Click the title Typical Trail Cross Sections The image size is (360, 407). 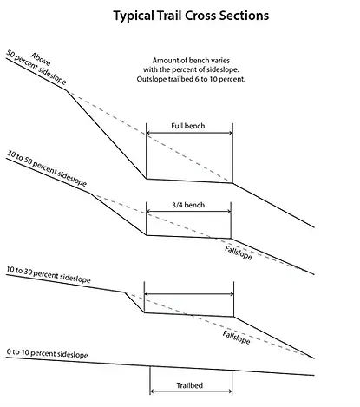click(x=191, y=16)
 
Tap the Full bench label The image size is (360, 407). click(x=188, y=126)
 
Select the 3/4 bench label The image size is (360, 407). click(x=188, y=205)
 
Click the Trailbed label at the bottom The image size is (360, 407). click(x=190, y=385)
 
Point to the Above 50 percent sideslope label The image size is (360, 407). click(x=37, y=69)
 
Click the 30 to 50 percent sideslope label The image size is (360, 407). click(x=47, y=168)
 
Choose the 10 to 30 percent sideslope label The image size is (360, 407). click(x=49, y=275)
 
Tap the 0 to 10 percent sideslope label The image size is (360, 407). click(x=47, y=353)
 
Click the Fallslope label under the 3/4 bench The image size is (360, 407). click(x=239, y=253)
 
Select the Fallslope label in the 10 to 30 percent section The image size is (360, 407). click(x=236, y=338)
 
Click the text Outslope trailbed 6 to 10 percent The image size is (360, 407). click(x=191, y=79)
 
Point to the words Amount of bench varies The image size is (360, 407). click(x=191, y=61)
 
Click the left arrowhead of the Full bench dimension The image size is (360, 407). click(x=147, y=133)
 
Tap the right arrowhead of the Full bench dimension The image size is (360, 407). click(x=231, y=133)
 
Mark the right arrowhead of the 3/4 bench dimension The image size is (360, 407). click(x=229, y=211)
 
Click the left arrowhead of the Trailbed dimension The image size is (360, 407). click(x=152, y=391)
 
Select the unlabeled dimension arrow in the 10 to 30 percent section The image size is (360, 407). click(x=189, y=294)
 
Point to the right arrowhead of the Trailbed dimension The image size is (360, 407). click(x=230, y=391)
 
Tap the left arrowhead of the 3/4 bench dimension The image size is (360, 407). click(x=148, y=211)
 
